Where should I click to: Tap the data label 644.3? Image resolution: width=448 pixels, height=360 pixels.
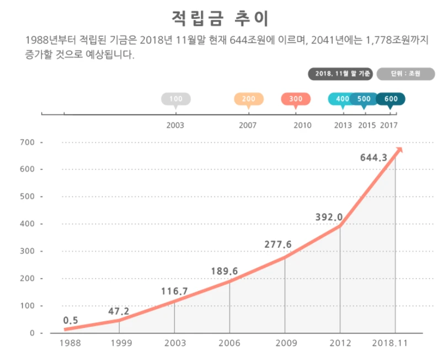pos(374,158)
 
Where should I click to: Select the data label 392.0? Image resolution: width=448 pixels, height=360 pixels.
pos(329,217)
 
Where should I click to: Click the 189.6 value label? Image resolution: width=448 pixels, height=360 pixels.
pos(225,271)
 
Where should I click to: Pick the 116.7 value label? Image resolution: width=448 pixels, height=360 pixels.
pos(175,291)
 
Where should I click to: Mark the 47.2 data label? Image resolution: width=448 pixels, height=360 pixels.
pos(119,311)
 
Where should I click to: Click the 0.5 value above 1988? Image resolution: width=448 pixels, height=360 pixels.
pos(70,320)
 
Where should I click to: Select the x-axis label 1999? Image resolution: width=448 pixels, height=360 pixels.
pos(121,343)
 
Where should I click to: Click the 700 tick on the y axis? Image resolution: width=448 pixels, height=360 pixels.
pos(29,142)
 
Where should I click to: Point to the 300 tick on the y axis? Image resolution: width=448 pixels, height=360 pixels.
pos(29,251)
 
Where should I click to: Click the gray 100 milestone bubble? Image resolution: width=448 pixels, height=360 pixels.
pos(175,99)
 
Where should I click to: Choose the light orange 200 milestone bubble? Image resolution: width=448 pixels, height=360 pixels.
pos(249,99)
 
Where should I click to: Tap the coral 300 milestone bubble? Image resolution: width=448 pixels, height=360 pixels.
pos(296,99)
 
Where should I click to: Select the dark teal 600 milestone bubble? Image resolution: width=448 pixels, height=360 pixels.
pos(391,99)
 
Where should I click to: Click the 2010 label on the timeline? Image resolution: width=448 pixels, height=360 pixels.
pos(302,125)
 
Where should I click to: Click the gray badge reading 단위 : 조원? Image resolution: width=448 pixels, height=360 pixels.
pos(406,73)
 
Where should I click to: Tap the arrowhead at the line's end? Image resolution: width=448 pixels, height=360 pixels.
pos(400,151)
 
